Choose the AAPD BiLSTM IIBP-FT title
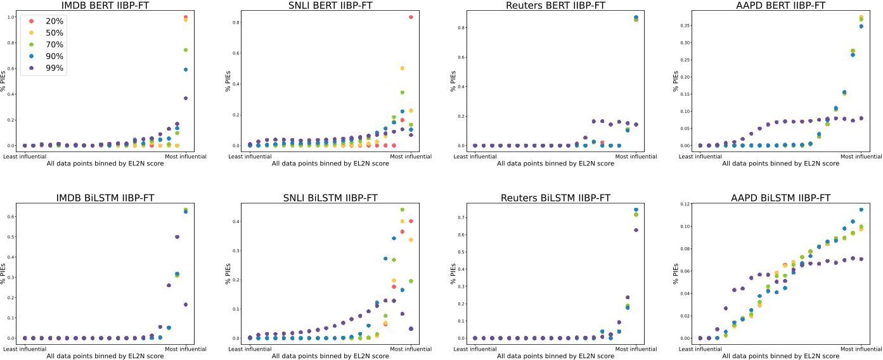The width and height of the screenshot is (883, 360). (x=780, y=198)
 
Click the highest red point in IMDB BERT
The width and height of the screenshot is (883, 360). (x=186, y=17)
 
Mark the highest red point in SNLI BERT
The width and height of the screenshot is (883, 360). (x=411, y=17)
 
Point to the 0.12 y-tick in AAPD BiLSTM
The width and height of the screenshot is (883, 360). (x=685, y=204)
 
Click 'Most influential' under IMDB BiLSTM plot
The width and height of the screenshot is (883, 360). (x=186, y=349)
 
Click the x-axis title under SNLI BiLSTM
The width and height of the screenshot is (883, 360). (x=330, y=356)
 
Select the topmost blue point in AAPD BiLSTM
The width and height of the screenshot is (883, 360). (x=861, y=209)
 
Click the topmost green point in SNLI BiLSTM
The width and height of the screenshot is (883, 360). (x=402, y=210)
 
